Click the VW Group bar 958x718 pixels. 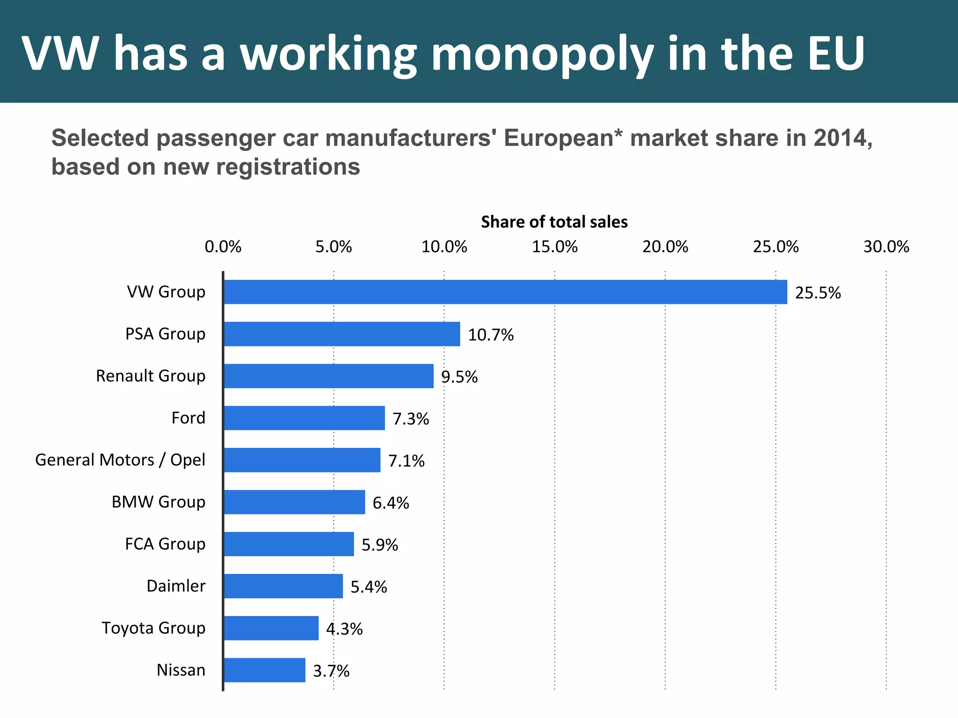tap(505, 292)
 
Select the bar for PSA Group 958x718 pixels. tap(341, 334)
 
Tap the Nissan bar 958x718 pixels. tap(264, 670)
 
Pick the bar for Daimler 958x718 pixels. tap(283, 586)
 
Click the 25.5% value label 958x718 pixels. tap(818, 293)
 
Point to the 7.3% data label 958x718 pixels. tap(411, 419)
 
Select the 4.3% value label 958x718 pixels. tap(344, 629)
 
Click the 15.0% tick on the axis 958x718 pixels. tap(555, 247)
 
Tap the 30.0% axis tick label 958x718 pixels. tap(886, 247)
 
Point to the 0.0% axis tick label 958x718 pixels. tap(223, 247)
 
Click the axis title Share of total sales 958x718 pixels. tap(554, 222)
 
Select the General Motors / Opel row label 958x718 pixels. tap(120, 460)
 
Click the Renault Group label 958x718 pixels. tap(151, 376)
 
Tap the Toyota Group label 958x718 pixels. tap(153, 628)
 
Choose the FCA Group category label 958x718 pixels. tap(165, 544)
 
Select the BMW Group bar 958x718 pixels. tap(294, 502)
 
